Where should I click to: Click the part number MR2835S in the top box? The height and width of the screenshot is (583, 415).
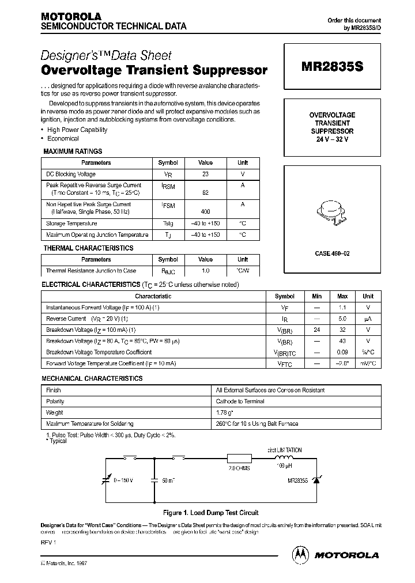point(332,66)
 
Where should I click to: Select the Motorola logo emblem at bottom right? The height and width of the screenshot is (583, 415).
point(301,554)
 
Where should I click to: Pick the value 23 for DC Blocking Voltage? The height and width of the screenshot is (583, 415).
point(205,174)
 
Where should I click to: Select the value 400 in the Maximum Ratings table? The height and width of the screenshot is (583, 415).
point(205,212)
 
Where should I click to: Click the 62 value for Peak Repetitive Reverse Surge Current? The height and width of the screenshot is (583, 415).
point(205,193)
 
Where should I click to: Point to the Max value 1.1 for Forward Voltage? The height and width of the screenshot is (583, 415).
point(342,308)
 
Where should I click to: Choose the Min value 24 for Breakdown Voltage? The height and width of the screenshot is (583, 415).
point(316,330)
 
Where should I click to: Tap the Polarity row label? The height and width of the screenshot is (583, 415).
point(55,402)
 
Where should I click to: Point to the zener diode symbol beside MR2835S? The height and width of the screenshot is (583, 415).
point(316,479)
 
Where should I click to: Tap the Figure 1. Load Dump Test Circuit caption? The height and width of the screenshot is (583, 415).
point(210,513)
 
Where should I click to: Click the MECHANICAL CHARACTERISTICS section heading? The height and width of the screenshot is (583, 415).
point(92,378)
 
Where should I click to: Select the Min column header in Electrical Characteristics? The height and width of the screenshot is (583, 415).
point(316,296)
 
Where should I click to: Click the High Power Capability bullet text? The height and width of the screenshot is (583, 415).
point(77,130)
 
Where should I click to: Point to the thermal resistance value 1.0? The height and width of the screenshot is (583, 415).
point(205,271)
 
